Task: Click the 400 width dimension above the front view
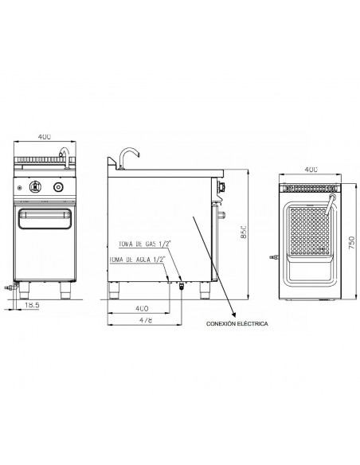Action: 45,136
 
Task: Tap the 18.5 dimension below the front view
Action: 33,305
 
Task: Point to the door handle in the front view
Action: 45,216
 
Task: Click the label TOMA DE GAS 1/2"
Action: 143,244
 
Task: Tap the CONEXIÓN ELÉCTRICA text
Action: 237,324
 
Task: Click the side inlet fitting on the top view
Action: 273,256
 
